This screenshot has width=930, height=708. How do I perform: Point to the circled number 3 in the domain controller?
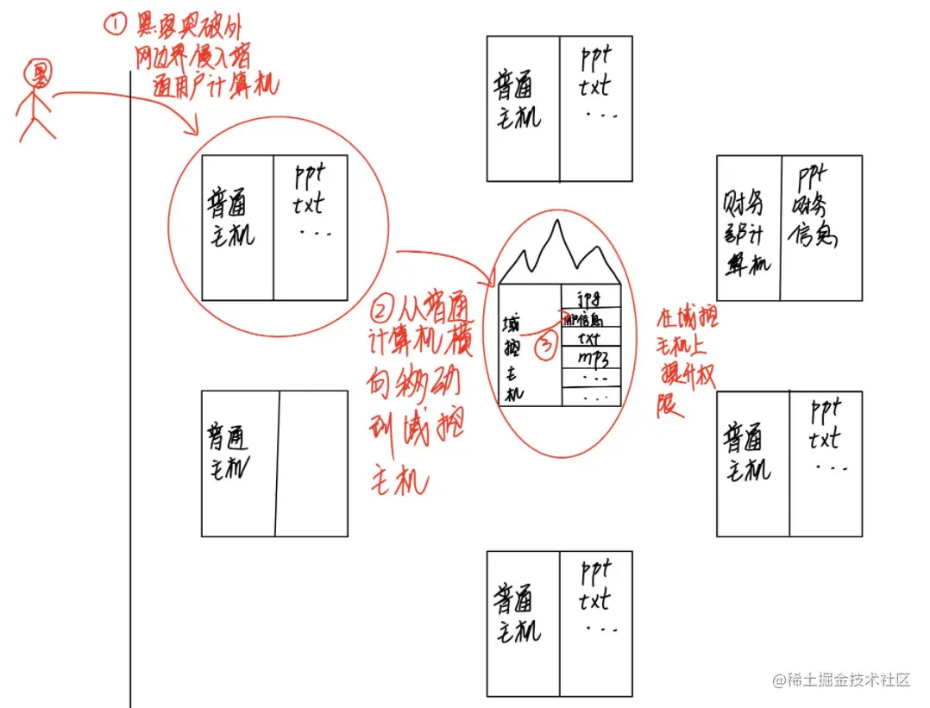point(546,346)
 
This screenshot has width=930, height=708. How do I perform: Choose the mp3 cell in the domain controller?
point(590,357)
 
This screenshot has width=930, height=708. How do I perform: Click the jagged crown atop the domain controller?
point(559,250)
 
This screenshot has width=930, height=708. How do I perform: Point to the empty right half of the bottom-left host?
point(312,463)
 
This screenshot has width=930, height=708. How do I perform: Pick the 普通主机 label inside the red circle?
point(231,219)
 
